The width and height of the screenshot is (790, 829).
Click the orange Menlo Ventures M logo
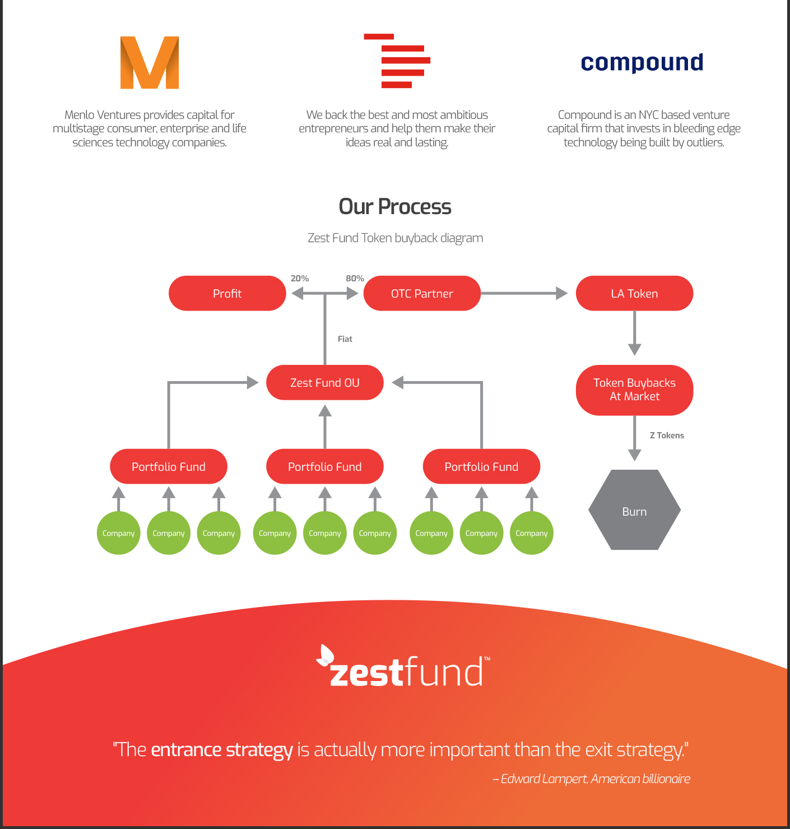click(x=150, y=62)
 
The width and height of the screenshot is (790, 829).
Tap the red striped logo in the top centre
click(x=397, y=61)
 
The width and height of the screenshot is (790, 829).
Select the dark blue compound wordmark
click(x=642, y=63)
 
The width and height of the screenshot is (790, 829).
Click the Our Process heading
click(x=395, y=207)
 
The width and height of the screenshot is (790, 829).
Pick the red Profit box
click(x=227, y=294)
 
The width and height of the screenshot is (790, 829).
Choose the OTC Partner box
click(x=422, y=294)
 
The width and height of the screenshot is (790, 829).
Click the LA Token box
click(x=634, y=294)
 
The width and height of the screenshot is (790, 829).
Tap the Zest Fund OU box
click(x=324, y=382)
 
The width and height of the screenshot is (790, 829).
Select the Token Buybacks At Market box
click(x=634, y=390)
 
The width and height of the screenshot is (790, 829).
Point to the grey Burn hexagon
click(x=634, y=510)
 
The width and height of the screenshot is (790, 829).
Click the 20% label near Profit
click(x=300, y=279)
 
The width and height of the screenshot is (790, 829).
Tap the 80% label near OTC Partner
click(x=355, y=279)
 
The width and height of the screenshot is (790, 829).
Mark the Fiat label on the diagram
click(x=345, y=339)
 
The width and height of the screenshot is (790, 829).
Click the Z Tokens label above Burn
click(x=667, y=435)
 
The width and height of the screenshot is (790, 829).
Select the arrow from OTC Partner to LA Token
click(x=524, y=294)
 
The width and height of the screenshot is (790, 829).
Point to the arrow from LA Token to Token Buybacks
click(x=634, y=334)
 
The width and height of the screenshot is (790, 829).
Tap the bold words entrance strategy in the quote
click(x=222, y=750)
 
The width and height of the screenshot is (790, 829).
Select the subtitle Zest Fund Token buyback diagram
click(x=396, y=238)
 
